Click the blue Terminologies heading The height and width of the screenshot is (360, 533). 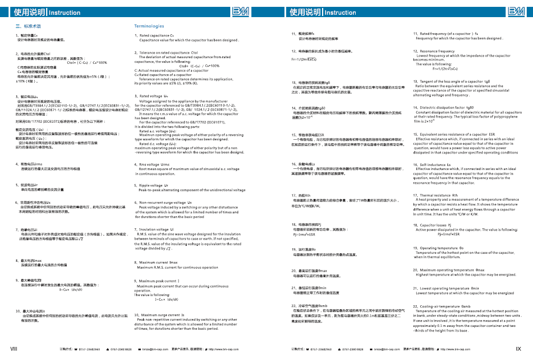click(x=149, y=26)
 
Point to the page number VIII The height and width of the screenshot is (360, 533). click(x=14, y=348)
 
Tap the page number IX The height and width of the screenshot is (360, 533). click(x=518, y=348)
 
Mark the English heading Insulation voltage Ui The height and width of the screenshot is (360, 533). click(x=157, y=229)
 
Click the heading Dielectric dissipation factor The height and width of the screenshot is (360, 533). click(x=444, y=108)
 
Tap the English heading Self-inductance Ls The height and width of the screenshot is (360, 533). click(x=432, y=164)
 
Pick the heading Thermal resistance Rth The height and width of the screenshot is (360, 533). click(x=436, y=195)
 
